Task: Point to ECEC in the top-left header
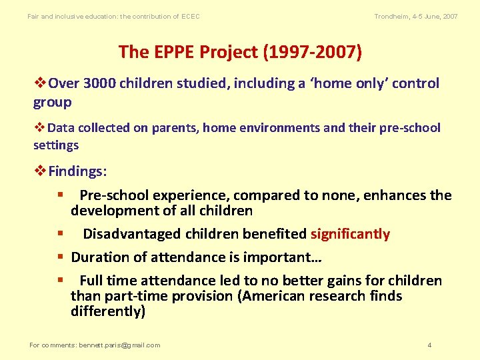190,16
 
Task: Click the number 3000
101,83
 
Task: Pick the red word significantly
350,234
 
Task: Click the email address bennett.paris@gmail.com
119,345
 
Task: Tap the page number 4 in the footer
429,345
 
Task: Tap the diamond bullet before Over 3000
40,84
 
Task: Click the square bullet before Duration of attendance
60,257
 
